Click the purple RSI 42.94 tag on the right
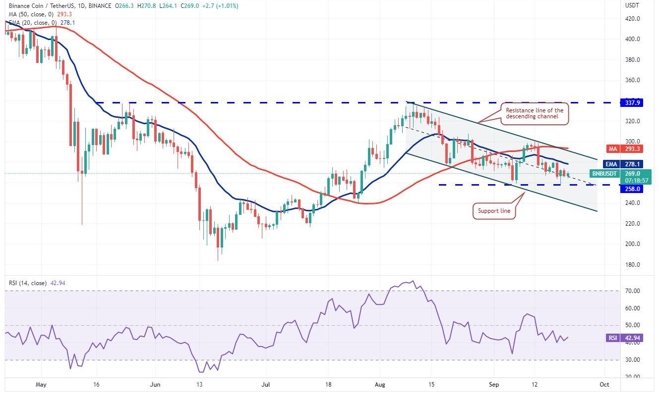click(620, 338)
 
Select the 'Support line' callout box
click(493, 210)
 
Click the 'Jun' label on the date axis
click(156, 384)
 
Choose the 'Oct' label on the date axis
click(604, 384)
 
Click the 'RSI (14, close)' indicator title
click(28, 283)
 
